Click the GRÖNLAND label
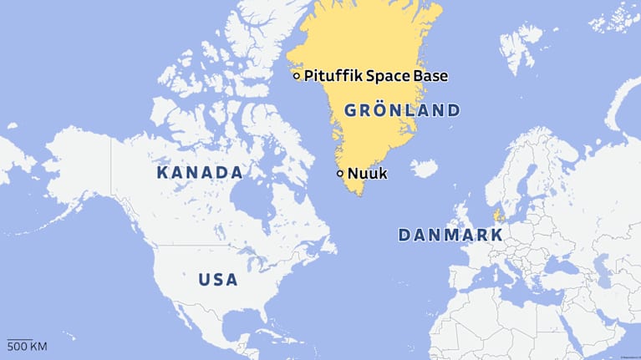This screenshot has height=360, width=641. pos(402,110)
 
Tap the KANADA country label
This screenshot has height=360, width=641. pos(200,173)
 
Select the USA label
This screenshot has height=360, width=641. pos(218,280)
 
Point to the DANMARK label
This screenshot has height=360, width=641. pos(450,236)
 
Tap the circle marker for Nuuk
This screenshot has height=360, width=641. pos(339,174)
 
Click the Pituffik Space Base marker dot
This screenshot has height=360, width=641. pos(296,76)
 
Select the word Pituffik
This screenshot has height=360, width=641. pos(328,76)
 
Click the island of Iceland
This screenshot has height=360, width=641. pos(425,170)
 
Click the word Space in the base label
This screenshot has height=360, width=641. pos(384,76)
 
